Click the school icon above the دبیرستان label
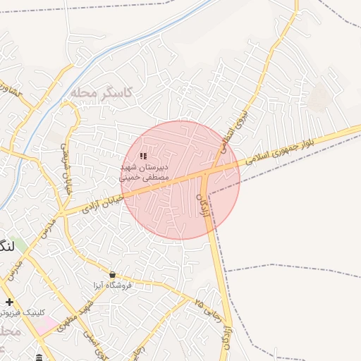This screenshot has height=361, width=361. pyautogui.click(x=143, y=156)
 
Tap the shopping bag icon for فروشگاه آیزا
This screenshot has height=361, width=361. pyautogui.click(x=113, y=274)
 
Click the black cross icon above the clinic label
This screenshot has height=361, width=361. pyautogui.click(x=9, y=302)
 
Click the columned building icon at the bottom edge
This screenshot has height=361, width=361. pyautogui.click(x=39, y=357)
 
